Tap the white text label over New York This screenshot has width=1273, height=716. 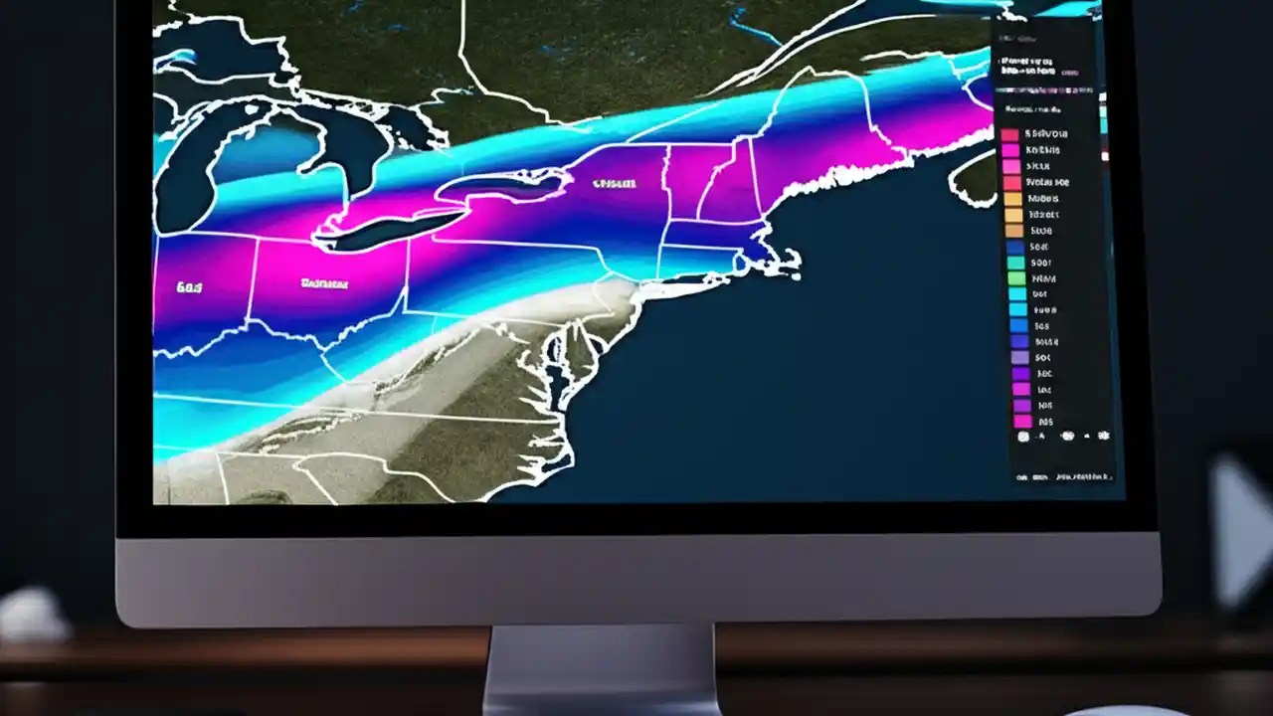coord(614,184)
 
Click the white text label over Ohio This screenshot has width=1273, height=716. coord(325,284)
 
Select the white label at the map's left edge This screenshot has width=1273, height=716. coord(189,287)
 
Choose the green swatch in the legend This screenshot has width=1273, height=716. coord(1014,264)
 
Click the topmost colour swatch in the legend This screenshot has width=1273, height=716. coord(1010,134)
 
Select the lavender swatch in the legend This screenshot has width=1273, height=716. coord(1018,357)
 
